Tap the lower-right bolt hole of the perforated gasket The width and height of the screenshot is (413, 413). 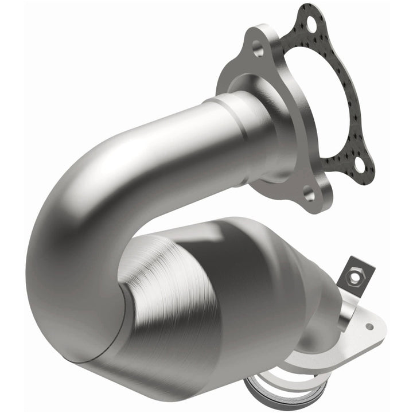click(360, 165)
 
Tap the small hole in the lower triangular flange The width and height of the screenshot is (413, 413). click(369, 326)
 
